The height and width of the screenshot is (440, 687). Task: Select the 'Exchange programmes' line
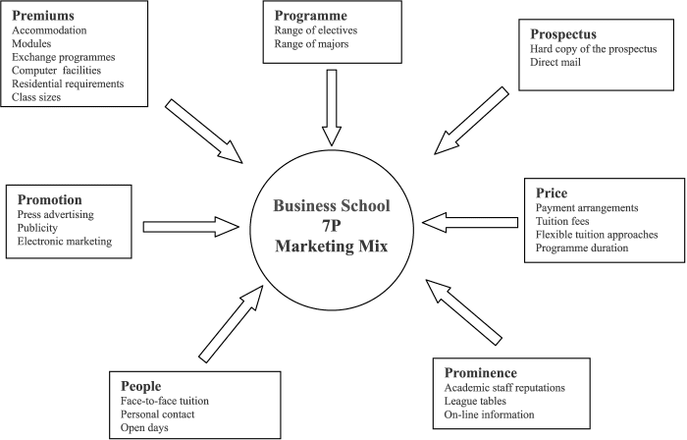[x=62, y=57]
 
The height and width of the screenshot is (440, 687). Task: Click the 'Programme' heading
[x=312, y=17]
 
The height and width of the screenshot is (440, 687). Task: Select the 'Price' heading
[x=553, y=192]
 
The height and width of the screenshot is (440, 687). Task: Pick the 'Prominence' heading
[x=479, y=372]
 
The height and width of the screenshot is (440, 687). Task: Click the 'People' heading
[x=140, y=386]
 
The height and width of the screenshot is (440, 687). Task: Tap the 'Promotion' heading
[x=50, y=199]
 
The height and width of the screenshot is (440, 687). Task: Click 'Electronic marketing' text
[x=65, y=241]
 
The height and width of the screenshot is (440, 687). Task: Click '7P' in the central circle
[x=332, y=225]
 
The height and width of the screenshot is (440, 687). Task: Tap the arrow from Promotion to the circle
[x=190, y=227]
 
